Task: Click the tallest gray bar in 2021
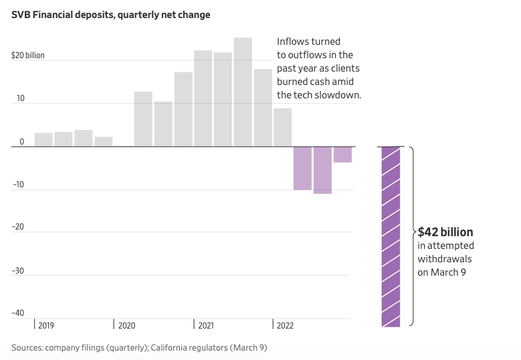click(x=243, y=92)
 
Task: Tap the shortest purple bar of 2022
click(x=342, y=155)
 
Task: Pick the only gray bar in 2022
click(x=282, y=127)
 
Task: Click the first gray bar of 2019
click(x=43, y=139)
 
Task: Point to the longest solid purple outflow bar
click(x=322, y=170)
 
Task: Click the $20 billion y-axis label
click(x=28, y=56)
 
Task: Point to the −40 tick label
click(x=18, y=313)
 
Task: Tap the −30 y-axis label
click(x=18, y=270)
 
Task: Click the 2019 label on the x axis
click(x=46, y=326)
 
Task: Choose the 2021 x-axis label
click(x=205, y=326)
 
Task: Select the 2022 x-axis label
click(x=285, y=326)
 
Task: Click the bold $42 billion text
click(x=445, y=233)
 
